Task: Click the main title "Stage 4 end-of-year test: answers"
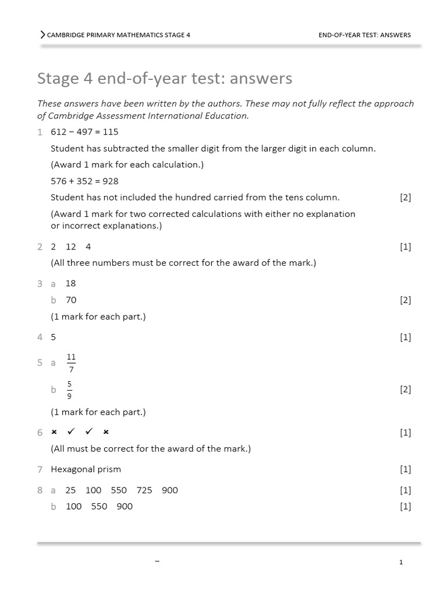point(165,78)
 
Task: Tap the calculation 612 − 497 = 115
point(84,132)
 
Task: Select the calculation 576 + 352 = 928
point(84,181)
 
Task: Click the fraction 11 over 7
point(71,363)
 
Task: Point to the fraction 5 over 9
point(70,389)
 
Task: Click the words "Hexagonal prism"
point(86,469)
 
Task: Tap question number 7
point(40,469)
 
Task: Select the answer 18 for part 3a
point(71,283)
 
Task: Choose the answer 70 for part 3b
point(71,300)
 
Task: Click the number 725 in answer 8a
point(144,490)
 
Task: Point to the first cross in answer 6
point(54,432)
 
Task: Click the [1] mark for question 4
point(405,337)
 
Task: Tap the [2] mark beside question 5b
point(405,389)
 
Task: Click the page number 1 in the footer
point(401,563)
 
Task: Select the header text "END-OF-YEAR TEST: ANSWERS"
point(364,35)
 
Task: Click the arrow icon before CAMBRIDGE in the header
point(42,35)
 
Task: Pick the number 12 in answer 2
point(71,247)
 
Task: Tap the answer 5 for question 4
point(54,337)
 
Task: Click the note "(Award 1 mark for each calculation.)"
point(127,164)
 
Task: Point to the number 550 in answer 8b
point(99,507)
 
